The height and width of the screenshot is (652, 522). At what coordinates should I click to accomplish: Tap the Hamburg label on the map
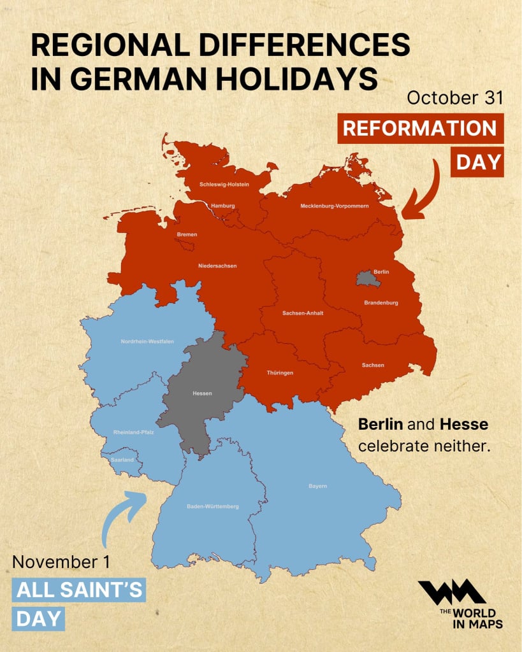click(223, 206)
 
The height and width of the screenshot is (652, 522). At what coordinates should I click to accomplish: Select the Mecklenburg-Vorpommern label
click(335, 206)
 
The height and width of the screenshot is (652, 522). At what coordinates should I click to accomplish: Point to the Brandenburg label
click(381, 302)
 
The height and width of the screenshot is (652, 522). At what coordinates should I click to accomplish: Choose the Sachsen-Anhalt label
click(303, 313)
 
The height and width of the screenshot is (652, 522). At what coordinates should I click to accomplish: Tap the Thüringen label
click(280, 372)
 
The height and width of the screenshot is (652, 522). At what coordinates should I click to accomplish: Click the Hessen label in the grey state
click(202, 393)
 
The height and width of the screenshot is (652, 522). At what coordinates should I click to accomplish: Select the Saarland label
click(122, 459)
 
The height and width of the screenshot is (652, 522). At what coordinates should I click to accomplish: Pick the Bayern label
click(317, 486)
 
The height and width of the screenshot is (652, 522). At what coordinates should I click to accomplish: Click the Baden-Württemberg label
click(213, 506)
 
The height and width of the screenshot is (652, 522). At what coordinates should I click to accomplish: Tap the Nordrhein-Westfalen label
click(147, 341)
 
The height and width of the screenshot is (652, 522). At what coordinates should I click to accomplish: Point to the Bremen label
click(187, 234)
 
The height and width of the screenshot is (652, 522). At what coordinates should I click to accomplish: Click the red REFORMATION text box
click(420, 128)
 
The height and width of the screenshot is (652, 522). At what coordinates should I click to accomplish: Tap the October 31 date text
click(454, 97)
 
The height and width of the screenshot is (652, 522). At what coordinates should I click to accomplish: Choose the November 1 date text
click(61, 562)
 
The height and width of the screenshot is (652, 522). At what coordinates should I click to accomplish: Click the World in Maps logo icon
click(451, 592)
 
